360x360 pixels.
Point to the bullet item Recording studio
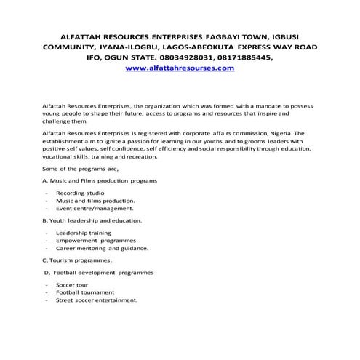coord(80,193)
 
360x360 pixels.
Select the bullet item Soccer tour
coord(73,284)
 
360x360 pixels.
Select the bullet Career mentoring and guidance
coord(102,248)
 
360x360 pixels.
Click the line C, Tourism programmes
coord(77,260)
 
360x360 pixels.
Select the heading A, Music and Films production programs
coord(100,180)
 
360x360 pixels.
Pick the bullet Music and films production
coord(95,200)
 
